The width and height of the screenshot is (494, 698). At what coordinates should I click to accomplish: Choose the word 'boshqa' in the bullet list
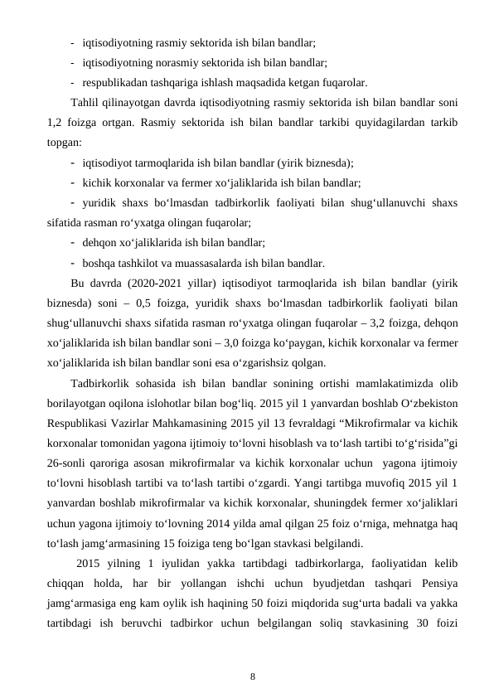(x=99, y=264)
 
